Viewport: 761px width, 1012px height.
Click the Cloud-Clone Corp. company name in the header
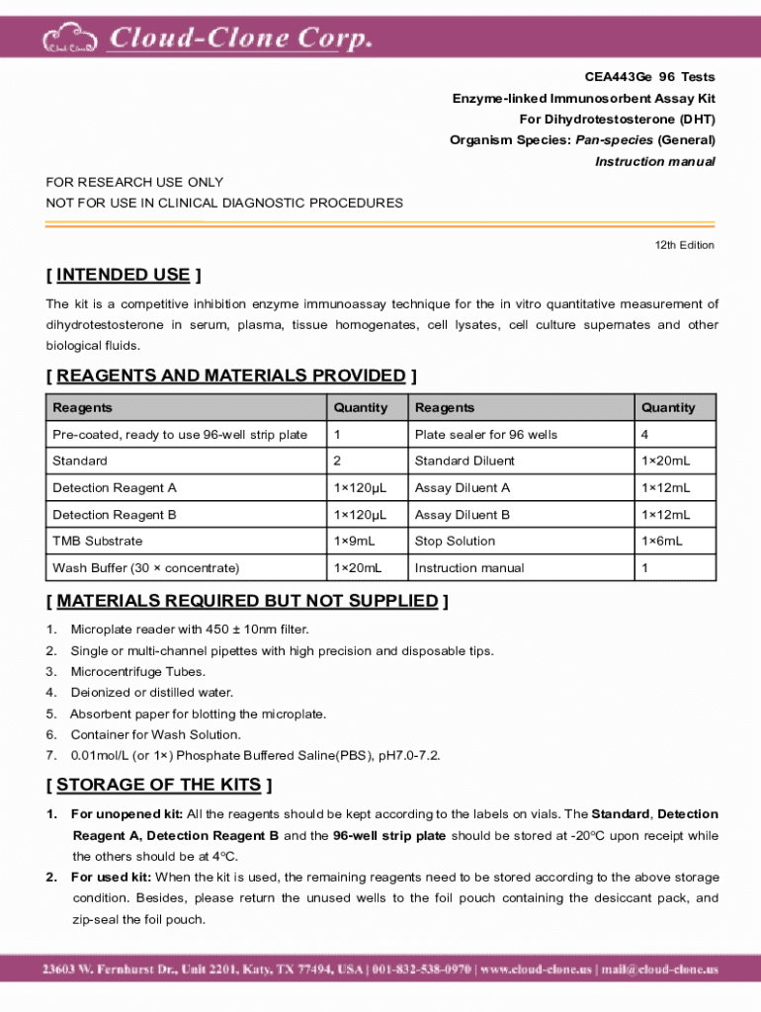click(239, 39)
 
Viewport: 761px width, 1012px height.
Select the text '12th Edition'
click(684, 245)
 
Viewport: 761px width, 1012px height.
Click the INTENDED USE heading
click(124, 275)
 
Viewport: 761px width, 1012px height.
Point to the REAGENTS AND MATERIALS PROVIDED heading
click(230, 376)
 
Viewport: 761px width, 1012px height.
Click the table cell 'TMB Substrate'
click(98, 542)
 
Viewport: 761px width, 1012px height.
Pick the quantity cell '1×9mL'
click(355, 542)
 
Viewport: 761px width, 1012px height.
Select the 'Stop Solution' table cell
click(455, 542)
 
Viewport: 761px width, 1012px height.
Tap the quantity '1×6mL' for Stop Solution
click(662, 542)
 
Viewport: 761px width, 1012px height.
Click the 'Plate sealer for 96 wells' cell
click(486, 435)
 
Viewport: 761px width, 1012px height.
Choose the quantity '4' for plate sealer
click(644, 435)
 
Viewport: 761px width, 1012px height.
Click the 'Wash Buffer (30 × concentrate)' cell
click(145, 568)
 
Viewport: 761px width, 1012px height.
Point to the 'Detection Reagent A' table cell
click(115, 488)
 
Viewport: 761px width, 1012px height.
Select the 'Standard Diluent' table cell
click(465, 462)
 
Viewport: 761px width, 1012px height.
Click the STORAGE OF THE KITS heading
click(158, 785)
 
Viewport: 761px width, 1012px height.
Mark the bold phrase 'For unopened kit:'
click(127, 814)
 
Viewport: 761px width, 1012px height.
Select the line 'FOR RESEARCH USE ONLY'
click(134, 182)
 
